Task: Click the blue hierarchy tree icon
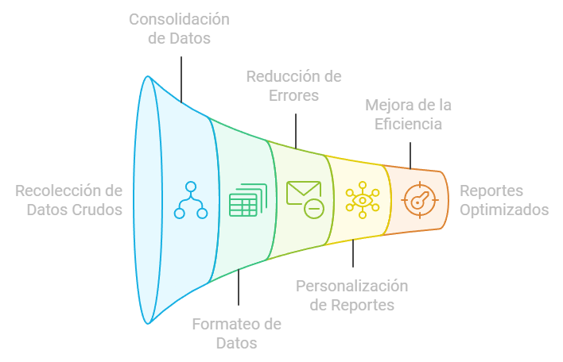(x=191, y=200)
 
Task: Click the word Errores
(x=293, y=96)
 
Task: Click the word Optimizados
(x=504, y=210)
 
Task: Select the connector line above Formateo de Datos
(x=238, y=289)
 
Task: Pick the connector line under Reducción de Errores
(x=295, y=129)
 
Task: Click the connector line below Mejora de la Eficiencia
(x=411, y=155)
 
